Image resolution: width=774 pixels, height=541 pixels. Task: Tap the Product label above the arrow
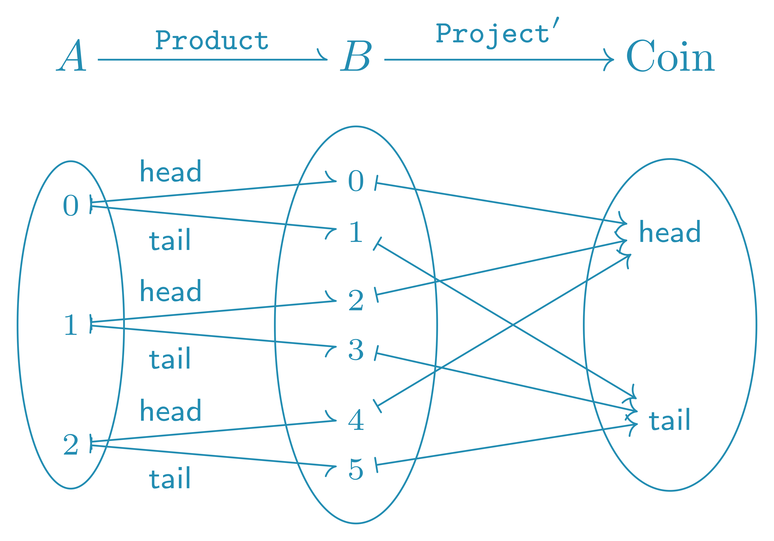coord(212,40)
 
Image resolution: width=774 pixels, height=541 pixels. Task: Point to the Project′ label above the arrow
coord(496,34)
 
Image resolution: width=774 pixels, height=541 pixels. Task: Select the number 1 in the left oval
coord(71,325)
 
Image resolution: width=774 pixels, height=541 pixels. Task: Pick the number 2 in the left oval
coord(71,445)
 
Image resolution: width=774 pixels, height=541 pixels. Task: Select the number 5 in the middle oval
coord(356,469)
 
